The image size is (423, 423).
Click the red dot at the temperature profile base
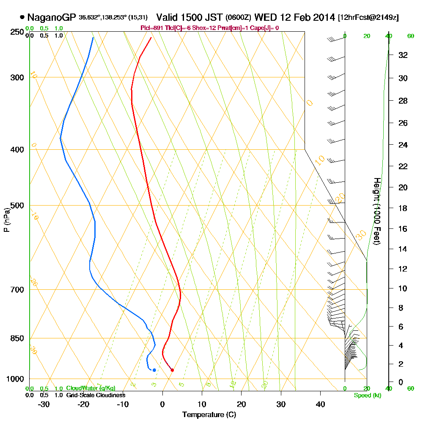pyautogui.click(x=172, y=370)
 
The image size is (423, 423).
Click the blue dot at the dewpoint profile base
pyautogui.click(x=154, y=370)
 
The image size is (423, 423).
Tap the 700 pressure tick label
pyautogui.click(x=16, y=290)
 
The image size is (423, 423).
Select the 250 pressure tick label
pyautogui.click(x=16, y=32)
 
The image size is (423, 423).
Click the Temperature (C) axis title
pyautogui.click(x=209, y=415)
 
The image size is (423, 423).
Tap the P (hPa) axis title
pyautogui.click(x=6, y=220)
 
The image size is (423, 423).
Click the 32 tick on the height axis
pyautogui.click(x=403, y=55)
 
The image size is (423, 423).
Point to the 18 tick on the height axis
pyautogui.click(x=403, y=208)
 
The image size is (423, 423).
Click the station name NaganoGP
pyautogui.click(x=52, y=17)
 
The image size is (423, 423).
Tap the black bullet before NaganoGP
pyautogui.click(x=22, y=17)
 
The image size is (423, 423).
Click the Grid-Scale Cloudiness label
pyautogui.click(x=96, y=395)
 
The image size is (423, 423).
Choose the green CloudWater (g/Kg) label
pyautogui.click(x=91, y=388)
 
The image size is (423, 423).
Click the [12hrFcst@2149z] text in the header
pyautogui.click(x=368, y=18)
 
